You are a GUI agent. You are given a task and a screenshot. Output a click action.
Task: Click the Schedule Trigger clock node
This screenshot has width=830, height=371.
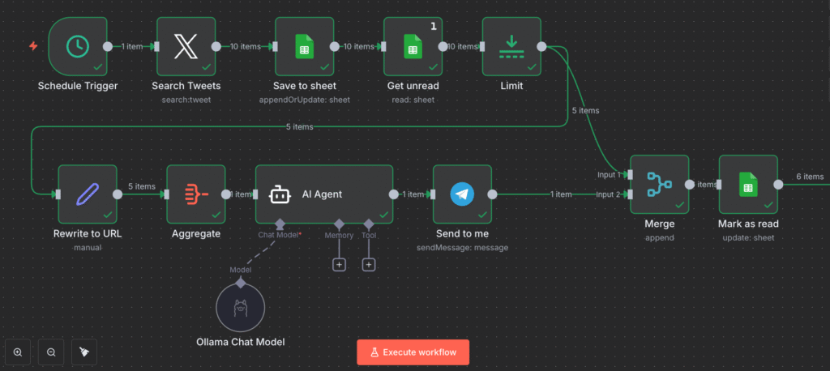tap(78, 46)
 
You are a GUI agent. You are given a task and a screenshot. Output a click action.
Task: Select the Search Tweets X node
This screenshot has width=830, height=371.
tap(186, 46)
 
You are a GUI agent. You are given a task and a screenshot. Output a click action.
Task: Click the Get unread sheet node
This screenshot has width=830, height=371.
tap(413, 46)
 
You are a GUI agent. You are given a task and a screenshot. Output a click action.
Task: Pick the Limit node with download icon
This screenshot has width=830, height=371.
tap(511, 46)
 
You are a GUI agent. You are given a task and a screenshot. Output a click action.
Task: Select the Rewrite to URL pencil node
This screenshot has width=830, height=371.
tap(88, 194)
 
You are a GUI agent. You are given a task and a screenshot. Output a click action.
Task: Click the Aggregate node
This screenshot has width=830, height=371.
tap(196, 194)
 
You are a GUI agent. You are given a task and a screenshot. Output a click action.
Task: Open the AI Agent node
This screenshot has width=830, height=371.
tap(323, 194)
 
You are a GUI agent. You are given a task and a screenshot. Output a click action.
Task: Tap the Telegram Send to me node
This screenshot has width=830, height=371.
tap(462, 194)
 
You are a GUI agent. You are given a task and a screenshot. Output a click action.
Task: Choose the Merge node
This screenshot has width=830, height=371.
tap(659, 185)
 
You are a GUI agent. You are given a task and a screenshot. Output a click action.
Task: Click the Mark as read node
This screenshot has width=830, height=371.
tap(747, 185)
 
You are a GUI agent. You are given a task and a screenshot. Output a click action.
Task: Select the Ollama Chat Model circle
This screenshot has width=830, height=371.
tap(241, 308)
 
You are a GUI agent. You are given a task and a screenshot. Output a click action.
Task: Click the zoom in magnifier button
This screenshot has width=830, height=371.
tap(18, 352)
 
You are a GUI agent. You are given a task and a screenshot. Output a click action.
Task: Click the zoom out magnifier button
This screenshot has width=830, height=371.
tap(51, 352)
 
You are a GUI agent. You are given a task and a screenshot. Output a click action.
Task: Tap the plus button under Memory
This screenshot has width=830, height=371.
tap(339, 265)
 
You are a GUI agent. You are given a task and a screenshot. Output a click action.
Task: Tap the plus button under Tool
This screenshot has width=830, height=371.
tap(368, 265)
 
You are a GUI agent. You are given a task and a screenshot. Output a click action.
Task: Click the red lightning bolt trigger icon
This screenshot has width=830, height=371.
tap(33, 46)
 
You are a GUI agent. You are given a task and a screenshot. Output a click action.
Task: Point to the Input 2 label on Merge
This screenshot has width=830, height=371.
tap(607, 194)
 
